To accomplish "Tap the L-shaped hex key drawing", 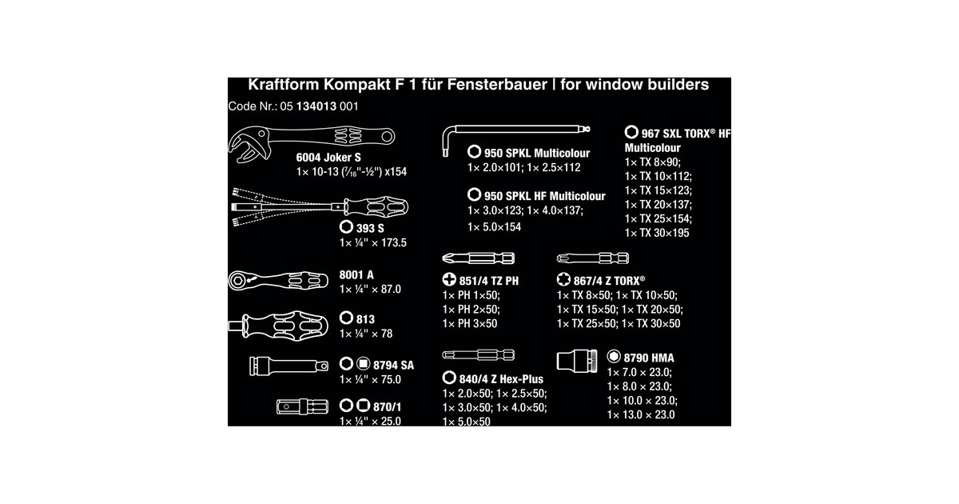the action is (514, 129).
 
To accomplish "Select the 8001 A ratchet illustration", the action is (278, 281).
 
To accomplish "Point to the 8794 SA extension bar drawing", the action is (289, 366).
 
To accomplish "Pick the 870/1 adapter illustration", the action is (302, 406).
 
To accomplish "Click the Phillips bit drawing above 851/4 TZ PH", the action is (478, 258).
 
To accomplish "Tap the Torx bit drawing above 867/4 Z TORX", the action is (592, 258).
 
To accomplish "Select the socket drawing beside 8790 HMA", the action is (577, 361).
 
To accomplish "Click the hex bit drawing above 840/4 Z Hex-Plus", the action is (478, 355).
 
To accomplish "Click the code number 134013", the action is (316, 106).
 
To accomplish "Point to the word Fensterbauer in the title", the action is (497, 85).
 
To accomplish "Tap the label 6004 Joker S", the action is (328, 158).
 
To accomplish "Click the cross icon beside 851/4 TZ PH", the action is (449, 279).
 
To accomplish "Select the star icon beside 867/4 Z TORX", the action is (563, 279).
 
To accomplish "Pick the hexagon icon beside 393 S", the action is (346, 226).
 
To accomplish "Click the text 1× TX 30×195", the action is (657, 233).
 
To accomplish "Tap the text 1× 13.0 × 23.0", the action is (641, 415).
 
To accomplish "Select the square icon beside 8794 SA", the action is (363, 364).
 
